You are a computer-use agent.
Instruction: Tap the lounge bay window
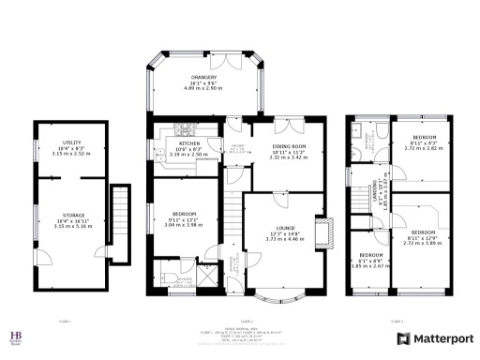point(285,298)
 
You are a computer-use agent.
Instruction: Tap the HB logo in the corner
point(16,336)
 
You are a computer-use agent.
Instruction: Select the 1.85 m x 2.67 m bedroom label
point(370,261)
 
